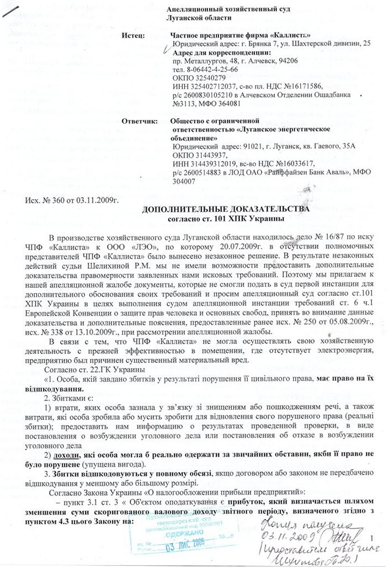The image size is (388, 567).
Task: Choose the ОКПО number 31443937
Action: click(x=209, y=155)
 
